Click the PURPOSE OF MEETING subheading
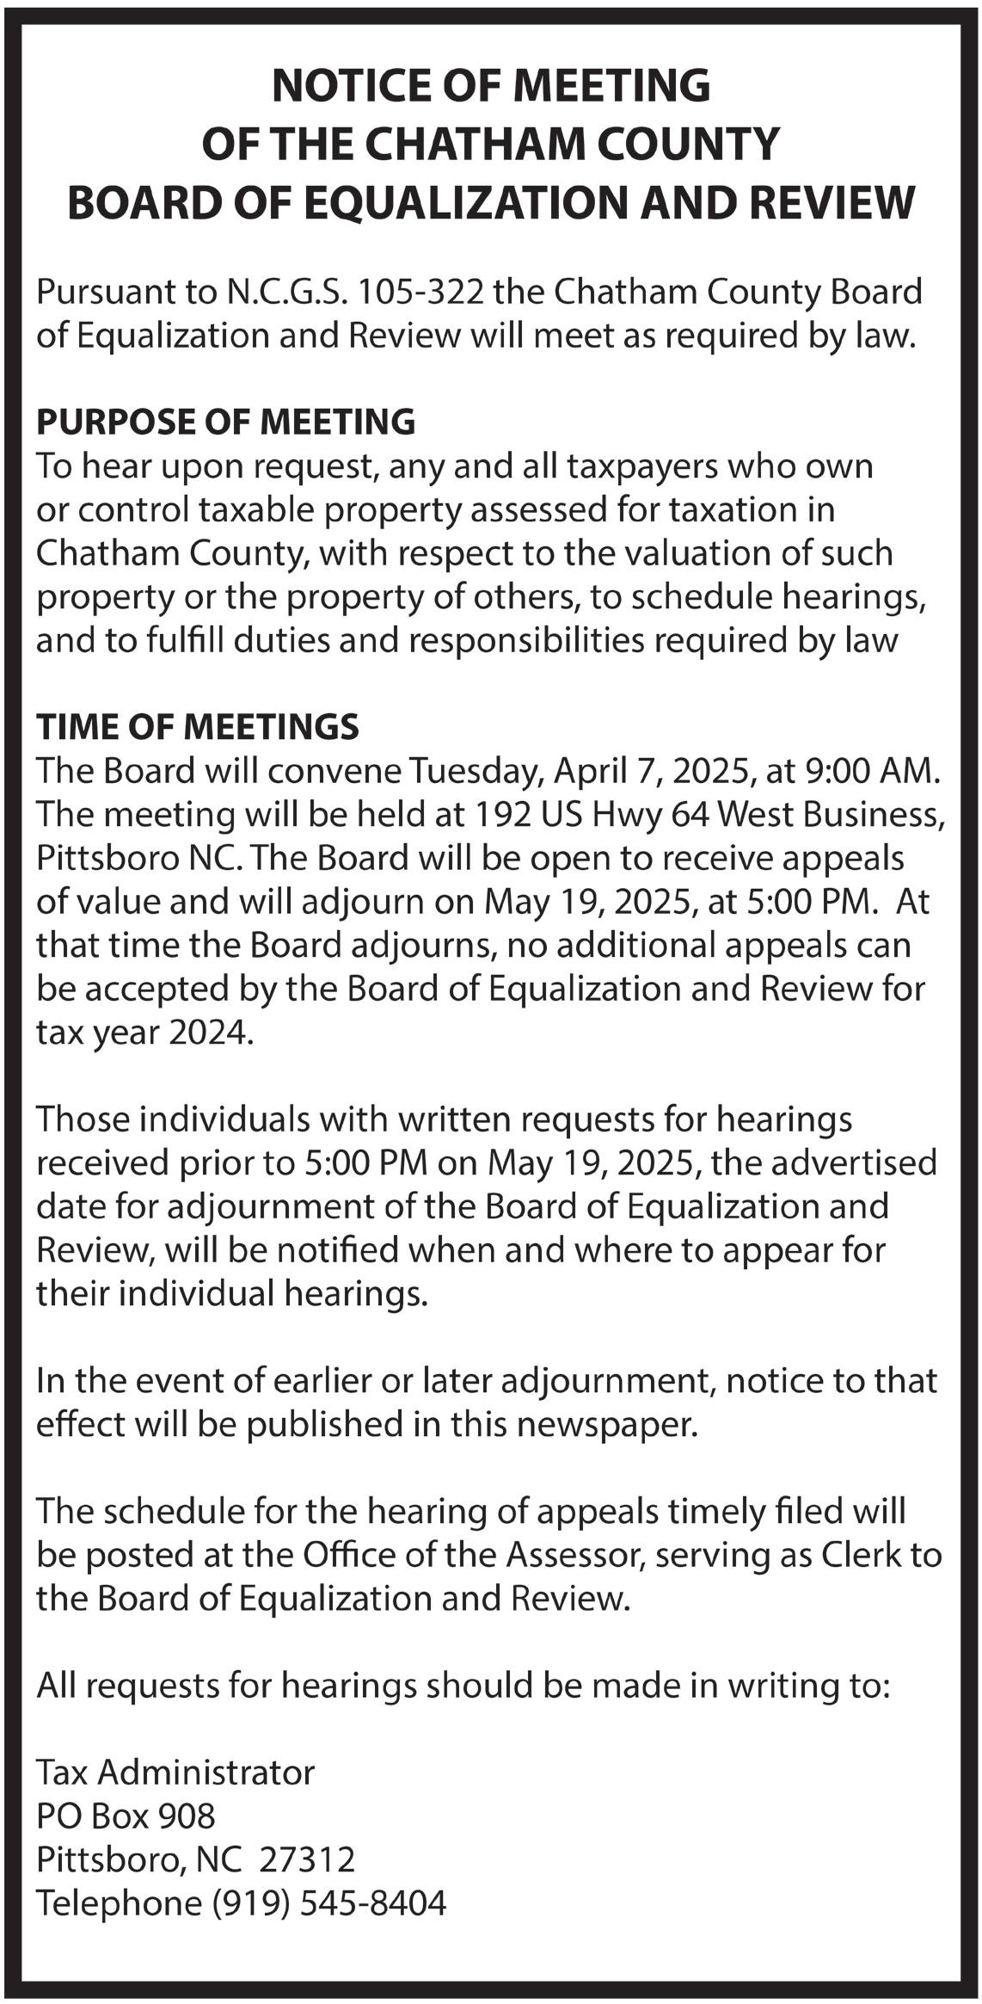[225, 422]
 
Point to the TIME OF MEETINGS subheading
[197, 726]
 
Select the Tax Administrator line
[175, 1772]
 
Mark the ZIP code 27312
[306, 1859]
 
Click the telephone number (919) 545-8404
[329, 1902]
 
